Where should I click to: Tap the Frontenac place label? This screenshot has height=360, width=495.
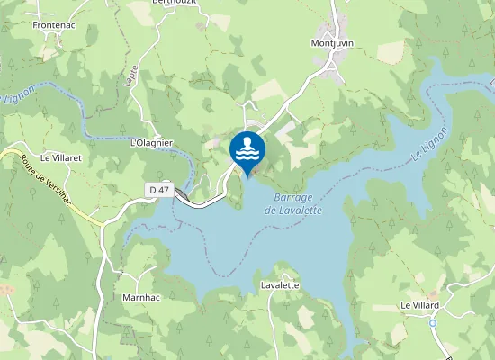pos(53,25)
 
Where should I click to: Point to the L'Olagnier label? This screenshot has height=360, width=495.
pos(151,143)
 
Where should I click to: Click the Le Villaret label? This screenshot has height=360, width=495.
pos(60,157)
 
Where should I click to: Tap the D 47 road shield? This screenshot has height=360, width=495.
pos(159,189)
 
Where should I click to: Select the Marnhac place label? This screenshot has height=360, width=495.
pos(141,296)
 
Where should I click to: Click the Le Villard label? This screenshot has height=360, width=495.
pos(419,306)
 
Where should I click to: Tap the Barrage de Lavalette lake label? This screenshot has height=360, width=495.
pos(293,204)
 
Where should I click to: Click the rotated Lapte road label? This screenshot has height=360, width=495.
pos(132,73)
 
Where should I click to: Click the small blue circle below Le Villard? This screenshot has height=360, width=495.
pos(433,322)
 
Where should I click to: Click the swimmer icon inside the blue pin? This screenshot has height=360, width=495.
pos(247,148)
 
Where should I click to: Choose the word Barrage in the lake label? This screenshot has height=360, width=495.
pos(293,198)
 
